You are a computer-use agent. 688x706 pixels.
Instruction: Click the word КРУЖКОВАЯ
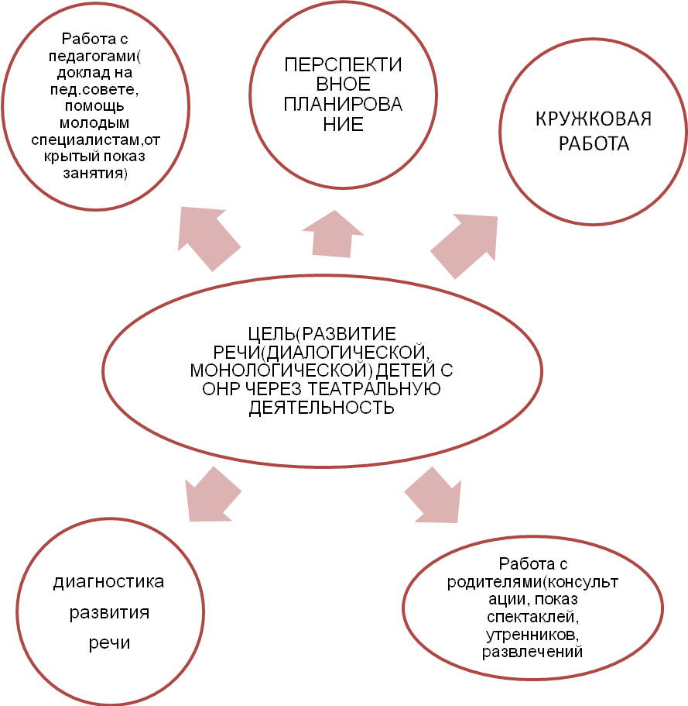pos(594,120)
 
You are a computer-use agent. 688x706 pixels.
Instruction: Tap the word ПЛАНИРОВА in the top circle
pos(343,105)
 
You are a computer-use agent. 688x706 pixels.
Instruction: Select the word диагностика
pos(109,582)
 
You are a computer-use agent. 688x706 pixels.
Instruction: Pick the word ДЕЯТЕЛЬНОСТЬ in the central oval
pos(322,407)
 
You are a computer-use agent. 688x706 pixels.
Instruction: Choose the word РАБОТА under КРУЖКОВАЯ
pos(594,144)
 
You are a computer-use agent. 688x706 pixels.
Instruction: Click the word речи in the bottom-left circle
pos(109,643)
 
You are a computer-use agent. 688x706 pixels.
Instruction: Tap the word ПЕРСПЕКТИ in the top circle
pos(343,64)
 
